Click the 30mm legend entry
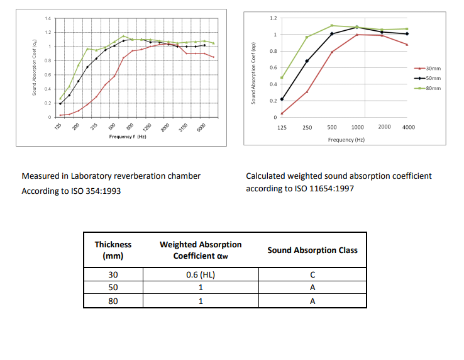[433, 69]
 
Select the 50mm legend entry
[433, 78]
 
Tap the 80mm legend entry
[433, 88]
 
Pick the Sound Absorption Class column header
[312, 250]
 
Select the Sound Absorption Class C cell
[312, 275]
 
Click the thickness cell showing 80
[113, 301]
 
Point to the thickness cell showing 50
[113, 288]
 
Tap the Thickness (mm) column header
[113, 250]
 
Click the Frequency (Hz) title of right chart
[346, 140]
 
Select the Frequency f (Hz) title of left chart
[128, 137]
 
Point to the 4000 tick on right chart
[408, 127]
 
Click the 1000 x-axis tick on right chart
[358, 127]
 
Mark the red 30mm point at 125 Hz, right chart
[282, 113]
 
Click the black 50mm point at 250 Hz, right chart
[307, 61]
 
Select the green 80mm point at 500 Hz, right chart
[332, 26]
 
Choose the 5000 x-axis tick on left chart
[199, 127]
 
